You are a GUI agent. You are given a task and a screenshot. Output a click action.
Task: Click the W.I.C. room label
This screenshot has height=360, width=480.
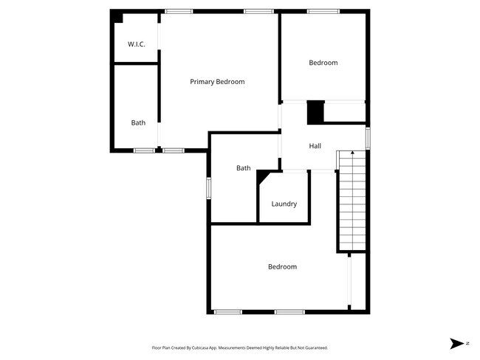point(136,44)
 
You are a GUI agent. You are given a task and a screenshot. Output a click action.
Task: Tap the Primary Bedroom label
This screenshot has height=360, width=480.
point(217,82)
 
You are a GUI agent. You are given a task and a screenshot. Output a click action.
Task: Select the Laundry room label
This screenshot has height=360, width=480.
point(284,204)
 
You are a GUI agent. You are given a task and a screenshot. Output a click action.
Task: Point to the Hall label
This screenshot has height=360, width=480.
point(315,146)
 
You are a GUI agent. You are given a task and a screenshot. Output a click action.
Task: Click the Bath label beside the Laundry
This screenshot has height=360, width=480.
point(244,168)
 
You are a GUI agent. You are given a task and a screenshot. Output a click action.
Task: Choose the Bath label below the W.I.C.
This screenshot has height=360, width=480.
point(138,122)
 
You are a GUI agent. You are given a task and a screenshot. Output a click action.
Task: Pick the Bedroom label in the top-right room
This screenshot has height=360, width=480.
point(323,63)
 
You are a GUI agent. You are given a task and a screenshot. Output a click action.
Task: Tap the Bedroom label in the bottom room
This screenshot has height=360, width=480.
point(282,266)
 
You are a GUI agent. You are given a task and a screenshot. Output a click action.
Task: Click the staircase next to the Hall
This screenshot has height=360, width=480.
point(352,203)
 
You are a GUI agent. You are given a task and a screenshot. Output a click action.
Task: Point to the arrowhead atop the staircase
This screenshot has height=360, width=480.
point(352,153)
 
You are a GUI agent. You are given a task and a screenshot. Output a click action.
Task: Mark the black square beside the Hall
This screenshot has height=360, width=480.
point(315,112)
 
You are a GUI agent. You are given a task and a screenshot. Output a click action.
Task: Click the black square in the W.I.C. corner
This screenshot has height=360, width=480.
point(117,16)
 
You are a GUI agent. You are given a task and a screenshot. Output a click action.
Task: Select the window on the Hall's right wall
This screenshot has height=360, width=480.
point(367,137)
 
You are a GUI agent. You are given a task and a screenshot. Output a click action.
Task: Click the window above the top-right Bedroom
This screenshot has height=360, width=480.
point(323,11)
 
